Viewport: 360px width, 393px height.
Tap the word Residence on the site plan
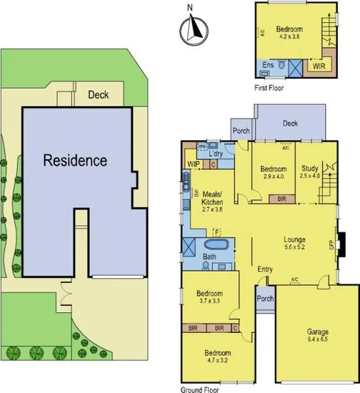(x=75, y=160)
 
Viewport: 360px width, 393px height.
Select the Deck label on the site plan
(x=98, y=94)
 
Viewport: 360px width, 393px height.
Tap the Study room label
(x=309, y=168)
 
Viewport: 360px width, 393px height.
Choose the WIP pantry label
(x=193, y=164)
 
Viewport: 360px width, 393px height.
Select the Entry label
(x=265, y=269)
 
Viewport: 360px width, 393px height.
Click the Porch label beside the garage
(x=265, y=299)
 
